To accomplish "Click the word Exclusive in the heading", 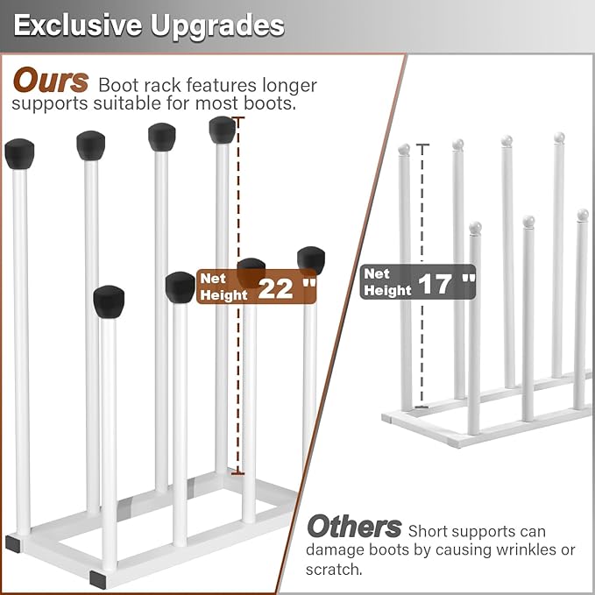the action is tap(77, 25).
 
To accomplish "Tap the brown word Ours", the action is tap(51, 81).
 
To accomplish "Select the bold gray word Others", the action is tap(354, 526).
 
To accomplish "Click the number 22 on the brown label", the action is tap(275, 289).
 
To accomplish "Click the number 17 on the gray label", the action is tap(436, 284).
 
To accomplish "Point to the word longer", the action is tap(289, 86).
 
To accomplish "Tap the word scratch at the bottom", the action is tap(334, 570).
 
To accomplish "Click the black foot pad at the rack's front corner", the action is tap(98, 579).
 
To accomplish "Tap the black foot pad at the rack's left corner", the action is tap(13, 543).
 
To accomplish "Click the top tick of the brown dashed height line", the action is tap(238, 118).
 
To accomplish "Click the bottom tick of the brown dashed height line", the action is tap(238, 473).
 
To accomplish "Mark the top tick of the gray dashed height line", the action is tap(422, 145).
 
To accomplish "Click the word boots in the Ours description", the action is tap(269, 103).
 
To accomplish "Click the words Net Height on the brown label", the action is tap(223, 287).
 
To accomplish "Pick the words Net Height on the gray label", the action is tap(387, 282).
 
